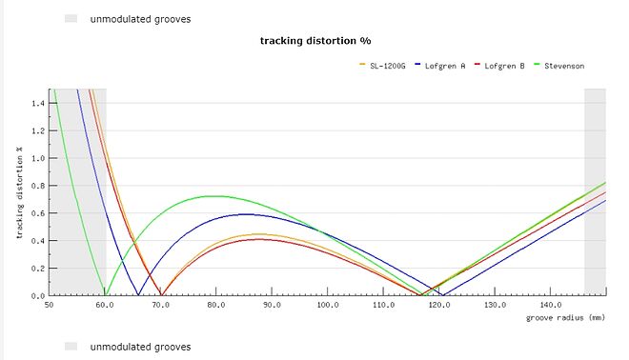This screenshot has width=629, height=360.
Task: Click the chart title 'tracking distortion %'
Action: [314, 41]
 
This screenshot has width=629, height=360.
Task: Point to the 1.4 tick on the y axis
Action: [38, 103]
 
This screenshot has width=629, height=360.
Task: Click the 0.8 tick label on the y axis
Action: [38, 186]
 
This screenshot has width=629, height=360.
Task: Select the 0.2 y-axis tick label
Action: [38, 269]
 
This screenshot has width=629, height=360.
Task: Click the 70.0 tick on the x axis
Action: [161, 305]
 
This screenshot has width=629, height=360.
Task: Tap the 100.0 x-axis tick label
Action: [329, 305]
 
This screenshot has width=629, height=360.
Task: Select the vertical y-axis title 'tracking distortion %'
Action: [19, 194]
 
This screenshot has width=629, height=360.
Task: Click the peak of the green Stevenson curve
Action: [213, 196]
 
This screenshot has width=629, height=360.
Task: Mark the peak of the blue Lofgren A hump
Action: [247, 214]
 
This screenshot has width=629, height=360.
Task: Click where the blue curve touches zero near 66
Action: [139, 295]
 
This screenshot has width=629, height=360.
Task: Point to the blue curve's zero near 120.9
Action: [444, 295]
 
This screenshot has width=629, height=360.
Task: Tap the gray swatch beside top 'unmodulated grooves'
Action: [71, 18]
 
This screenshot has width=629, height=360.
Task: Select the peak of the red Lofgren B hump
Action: [259, 239]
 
